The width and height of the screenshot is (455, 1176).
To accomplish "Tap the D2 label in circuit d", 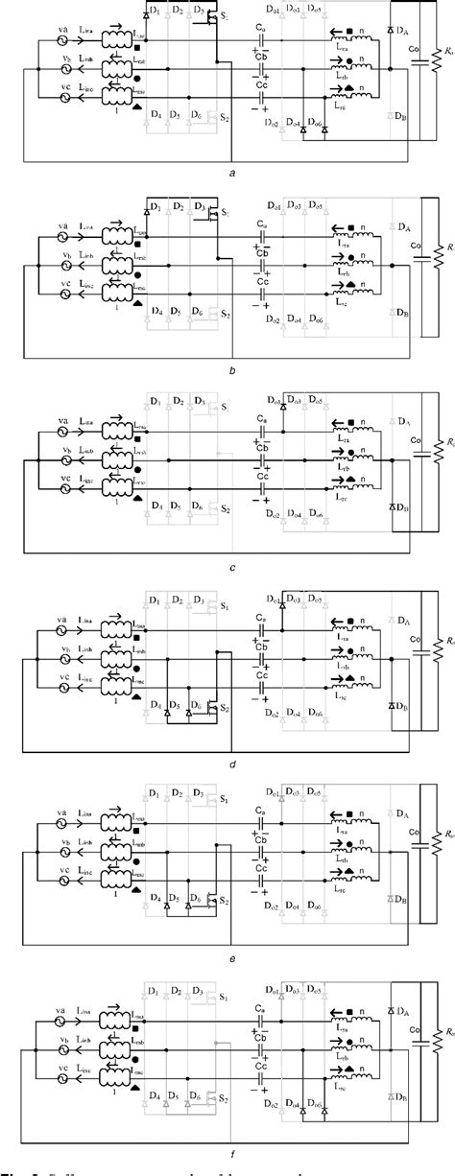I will (176, 601).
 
